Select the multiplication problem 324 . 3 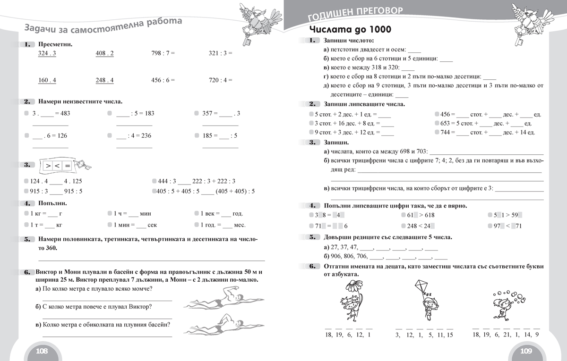(x=47, y=53)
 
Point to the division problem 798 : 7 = (x=163, y=53)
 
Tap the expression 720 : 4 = (x=220, y=80)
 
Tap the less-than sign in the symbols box (x=57, y=166)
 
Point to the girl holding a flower (x=351, y=302)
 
